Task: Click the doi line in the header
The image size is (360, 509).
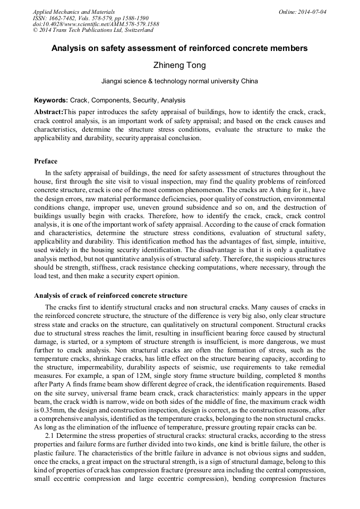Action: (96, 24)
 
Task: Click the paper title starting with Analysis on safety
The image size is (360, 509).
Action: (179, 48)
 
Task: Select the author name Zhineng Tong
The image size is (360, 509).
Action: (179, 65)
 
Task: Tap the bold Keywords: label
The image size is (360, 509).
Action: (50, 100)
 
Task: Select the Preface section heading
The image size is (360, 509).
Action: (46, 161)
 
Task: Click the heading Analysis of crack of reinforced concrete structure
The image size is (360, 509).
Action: (110, 296)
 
